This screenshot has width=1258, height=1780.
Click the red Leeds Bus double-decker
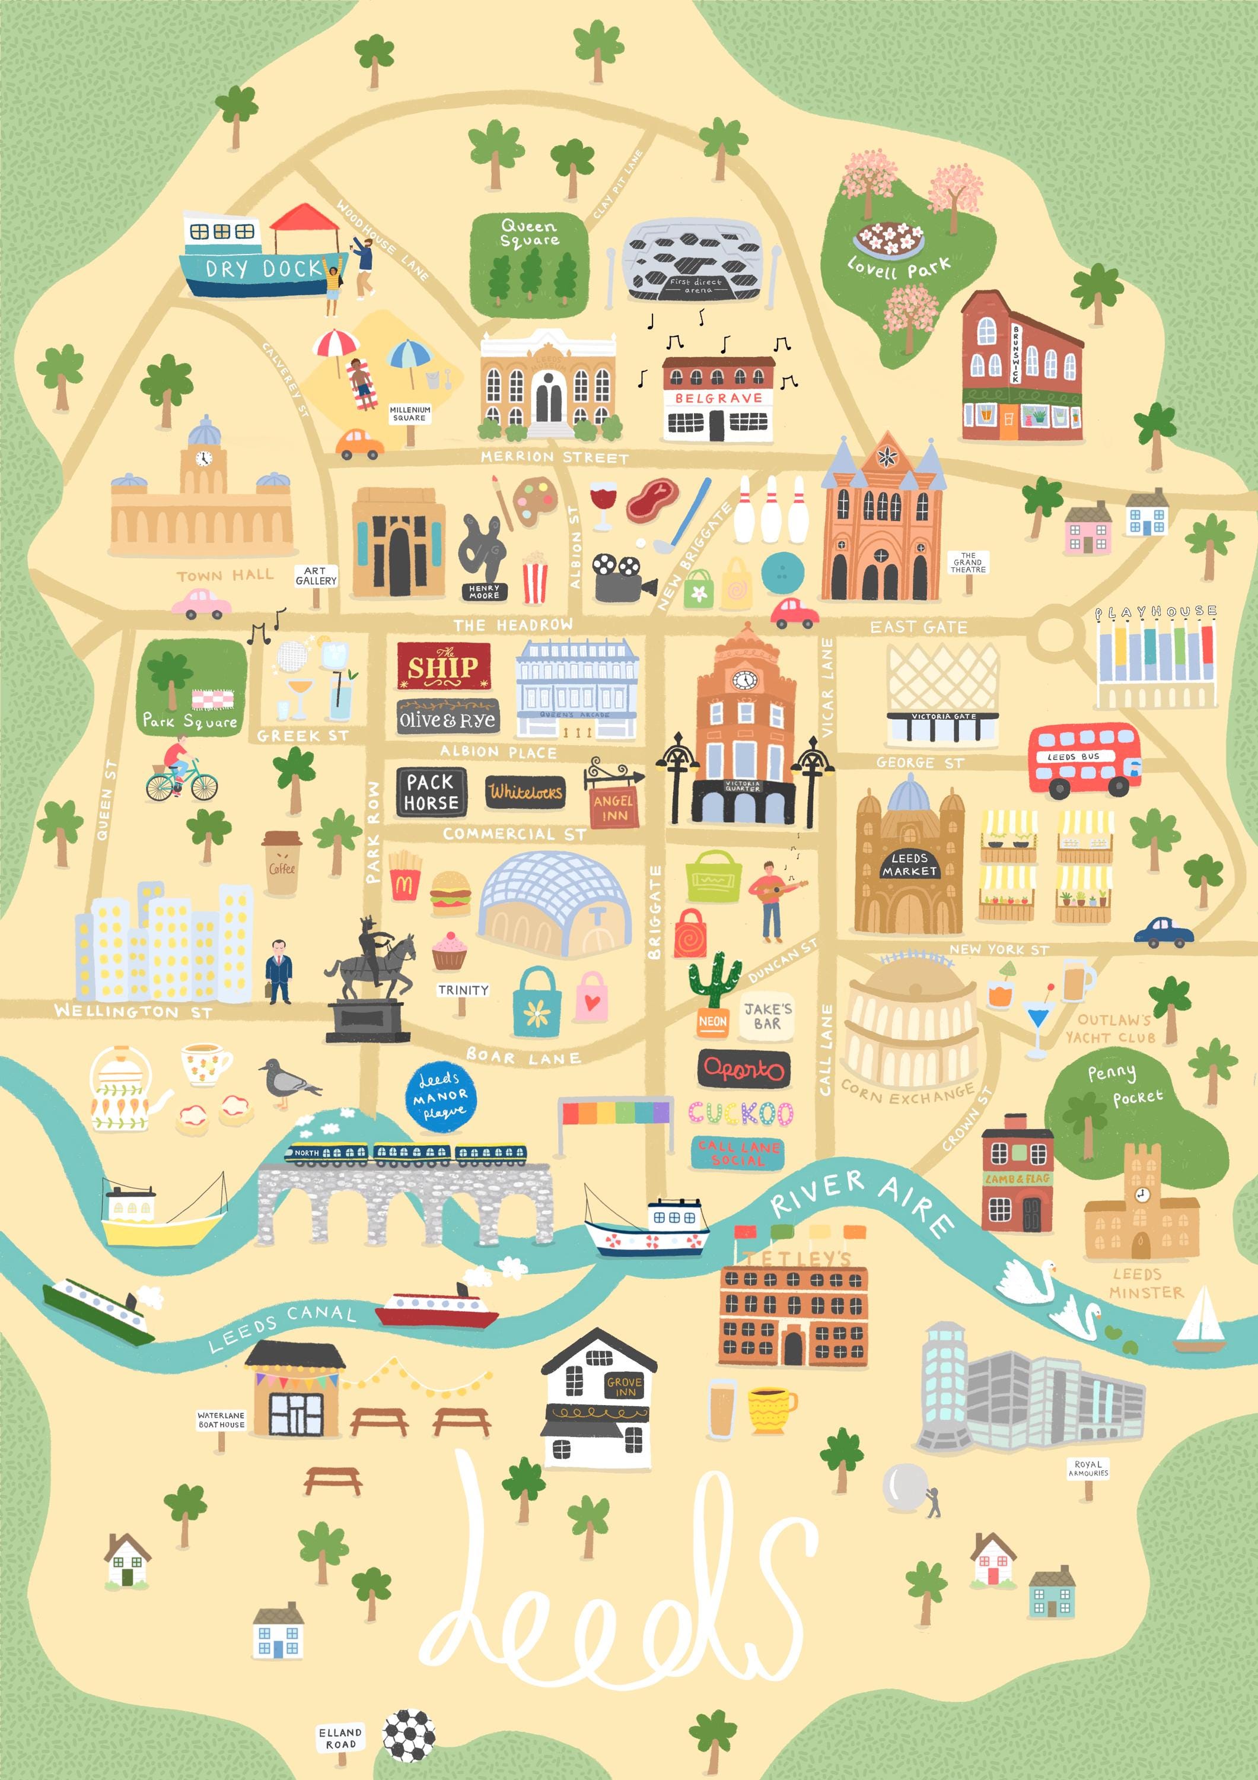point(1084,759)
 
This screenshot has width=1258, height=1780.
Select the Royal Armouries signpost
point(1088,1470)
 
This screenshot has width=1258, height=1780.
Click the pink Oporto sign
point(743,1069)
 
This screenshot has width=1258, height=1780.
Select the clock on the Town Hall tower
point(203,457)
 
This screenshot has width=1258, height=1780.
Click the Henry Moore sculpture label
point(483,592)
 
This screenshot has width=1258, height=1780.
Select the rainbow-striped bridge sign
point(614,1113)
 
